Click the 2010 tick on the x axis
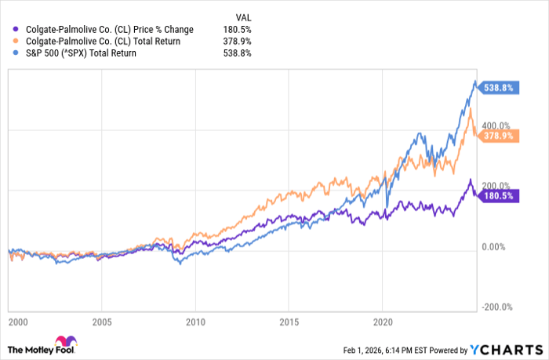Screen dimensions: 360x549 [196, 321]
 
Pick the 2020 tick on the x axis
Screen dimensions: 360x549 [382, 321]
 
